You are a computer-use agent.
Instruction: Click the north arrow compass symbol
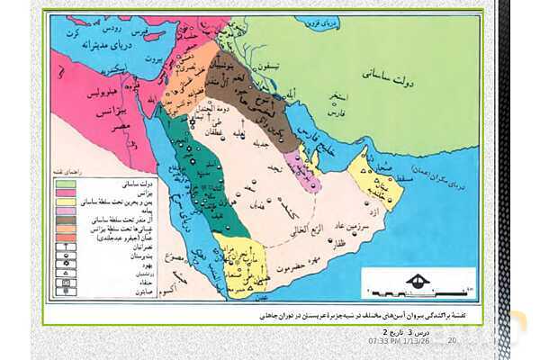[417, 282]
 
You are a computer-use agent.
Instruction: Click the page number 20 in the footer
[452, 340]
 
